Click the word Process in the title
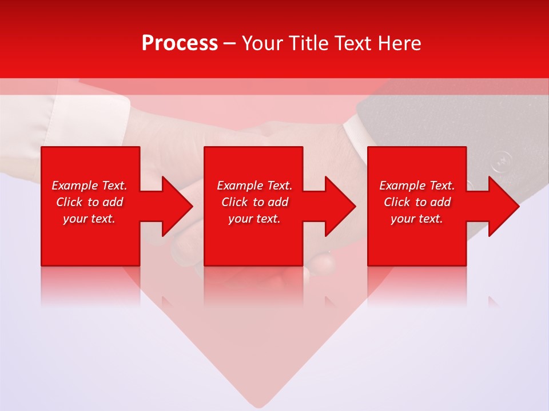click(180, 43)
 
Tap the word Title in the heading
click(310, 43)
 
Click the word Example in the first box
click(74, 186)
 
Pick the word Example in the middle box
click(240, 186)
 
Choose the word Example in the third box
click(402, 186)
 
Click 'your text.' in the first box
click(89, 219)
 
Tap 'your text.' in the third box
click(417, 219)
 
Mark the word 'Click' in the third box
click(397, 202)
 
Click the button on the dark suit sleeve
click(502, 160)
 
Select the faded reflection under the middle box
click(253, 285)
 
